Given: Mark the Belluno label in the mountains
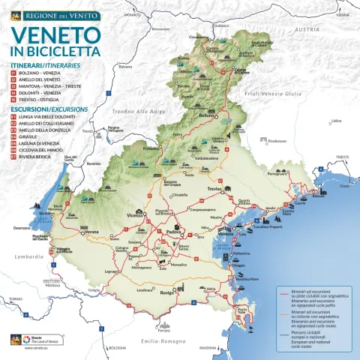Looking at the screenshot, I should point(207,116).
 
